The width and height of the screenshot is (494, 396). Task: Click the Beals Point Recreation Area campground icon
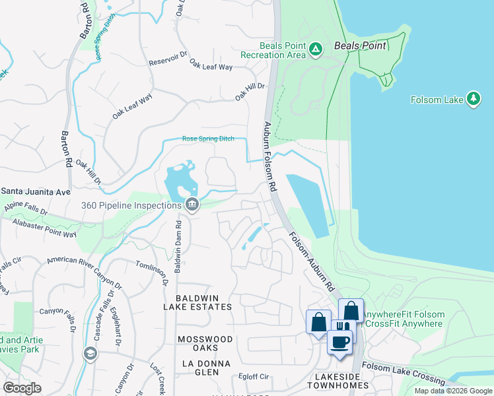coord(316,49)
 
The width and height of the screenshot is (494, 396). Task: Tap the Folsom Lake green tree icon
coord(473,99)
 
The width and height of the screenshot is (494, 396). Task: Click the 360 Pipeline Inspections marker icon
coord(192,205)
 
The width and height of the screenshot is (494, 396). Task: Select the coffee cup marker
coord(340,342)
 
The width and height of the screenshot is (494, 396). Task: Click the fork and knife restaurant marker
coord(341,325)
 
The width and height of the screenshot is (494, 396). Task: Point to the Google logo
coord(22,388)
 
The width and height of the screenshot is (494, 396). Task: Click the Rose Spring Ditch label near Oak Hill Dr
coord(208,139)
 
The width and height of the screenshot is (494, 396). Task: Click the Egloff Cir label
coord(254,377)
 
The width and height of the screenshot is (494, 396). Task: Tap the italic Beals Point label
coord(361,46)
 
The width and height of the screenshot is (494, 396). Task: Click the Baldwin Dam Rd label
coord(178,244)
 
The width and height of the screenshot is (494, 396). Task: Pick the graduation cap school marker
coord(89,354)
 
